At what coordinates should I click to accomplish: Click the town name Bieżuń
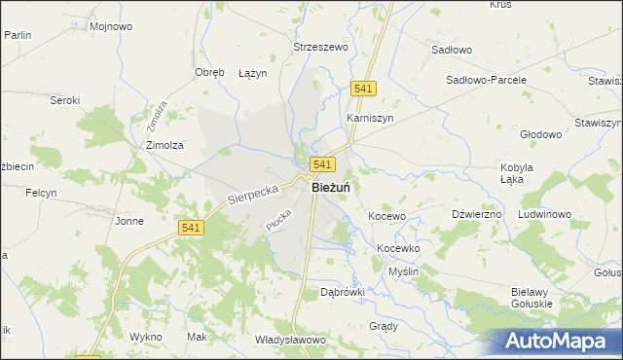[x=331, y=188]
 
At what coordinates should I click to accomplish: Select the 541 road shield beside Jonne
[x=191, y=227]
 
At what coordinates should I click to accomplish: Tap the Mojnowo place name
[x=110, y=26]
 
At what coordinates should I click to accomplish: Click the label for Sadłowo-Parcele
[x=486, y=80]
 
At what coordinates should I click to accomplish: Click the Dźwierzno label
[x=477, y=213]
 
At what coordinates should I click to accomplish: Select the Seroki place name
[x=64, y=99]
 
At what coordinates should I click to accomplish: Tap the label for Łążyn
[x=252, y=73]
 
